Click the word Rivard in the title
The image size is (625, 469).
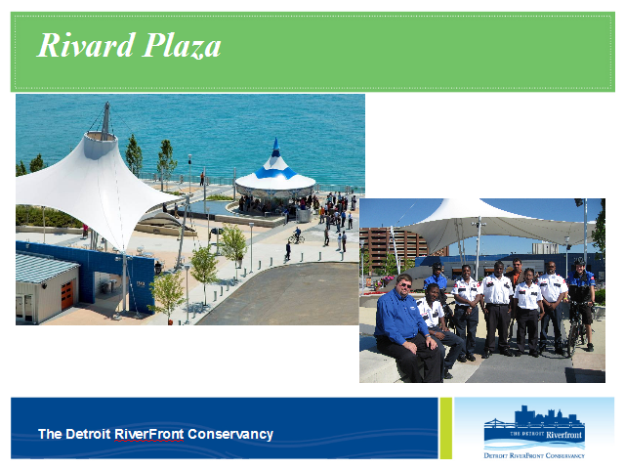tap(86, 45)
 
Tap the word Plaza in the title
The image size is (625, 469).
tap(182, 46)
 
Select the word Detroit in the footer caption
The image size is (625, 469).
tap(88, 434)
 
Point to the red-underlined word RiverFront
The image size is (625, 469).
tap(149, 434)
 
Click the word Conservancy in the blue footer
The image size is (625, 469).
tap(230, 434)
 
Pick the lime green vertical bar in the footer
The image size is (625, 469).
tap(446, 428)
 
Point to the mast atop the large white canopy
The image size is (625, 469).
tap(105, 119)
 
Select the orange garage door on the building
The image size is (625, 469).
tap(67, 295)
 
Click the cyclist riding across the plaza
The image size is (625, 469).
tap(297, 235)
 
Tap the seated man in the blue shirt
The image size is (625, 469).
tap(407, 328)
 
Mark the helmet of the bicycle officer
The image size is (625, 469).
tap(580, 262)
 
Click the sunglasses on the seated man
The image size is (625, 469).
tap(406, 284)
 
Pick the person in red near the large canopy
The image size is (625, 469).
tap(85, 231)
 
